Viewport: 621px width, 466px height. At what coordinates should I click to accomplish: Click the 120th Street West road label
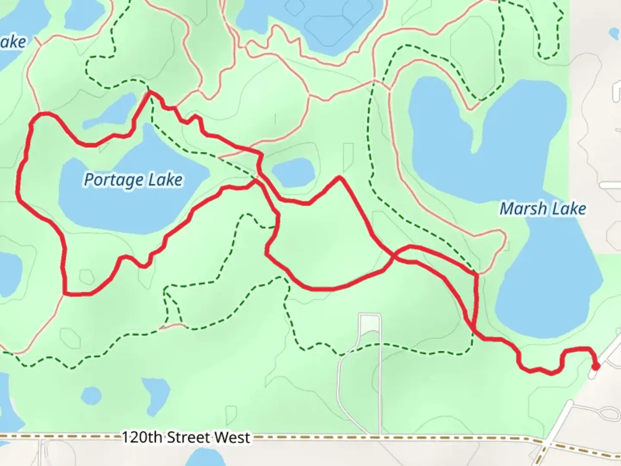tap(185, 438)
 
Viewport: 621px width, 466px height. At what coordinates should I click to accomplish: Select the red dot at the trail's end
tap(596, 367)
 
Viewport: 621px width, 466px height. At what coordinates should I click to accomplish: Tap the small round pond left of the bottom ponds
tap(91, 395)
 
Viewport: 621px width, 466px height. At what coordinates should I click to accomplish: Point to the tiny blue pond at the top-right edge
tap(613, 33)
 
